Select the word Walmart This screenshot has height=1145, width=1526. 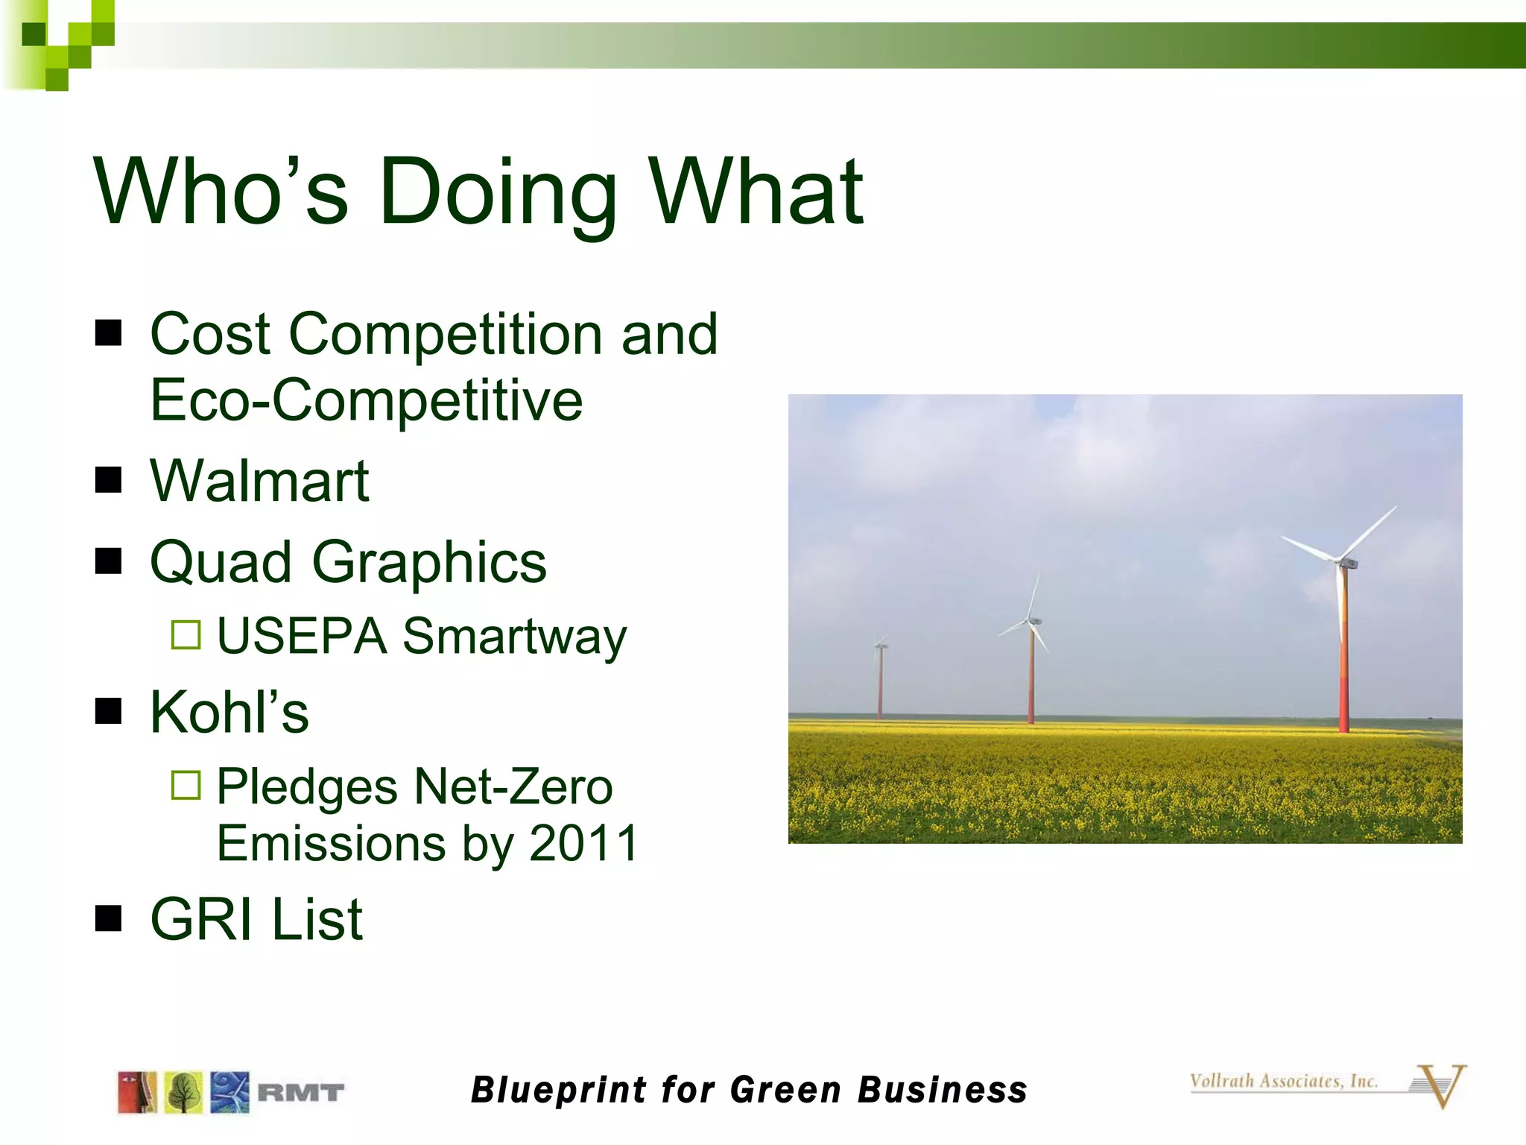pos(259,482)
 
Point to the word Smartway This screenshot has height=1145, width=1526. pos(514,637)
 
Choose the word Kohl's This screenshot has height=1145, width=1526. pos(229,712)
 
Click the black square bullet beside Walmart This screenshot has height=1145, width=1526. pos(109,481)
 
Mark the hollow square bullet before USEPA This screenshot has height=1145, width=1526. pos(186,635)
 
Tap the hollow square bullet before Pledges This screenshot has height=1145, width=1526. pos(186,785)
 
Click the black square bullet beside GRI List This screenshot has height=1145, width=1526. pos(109,919)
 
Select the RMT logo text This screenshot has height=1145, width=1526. pos(300,1093)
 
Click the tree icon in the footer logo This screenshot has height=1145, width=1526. pos(183,1093)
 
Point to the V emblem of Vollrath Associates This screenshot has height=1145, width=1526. pos(1440,1087)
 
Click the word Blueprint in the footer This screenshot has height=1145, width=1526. pos(559,1090)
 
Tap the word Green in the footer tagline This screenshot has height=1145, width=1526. pos(785,1090)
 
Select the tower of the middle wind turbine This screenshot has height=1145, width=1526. pos(1031,678)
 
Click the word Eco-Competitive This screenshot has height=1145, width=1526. pos(367,401)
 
